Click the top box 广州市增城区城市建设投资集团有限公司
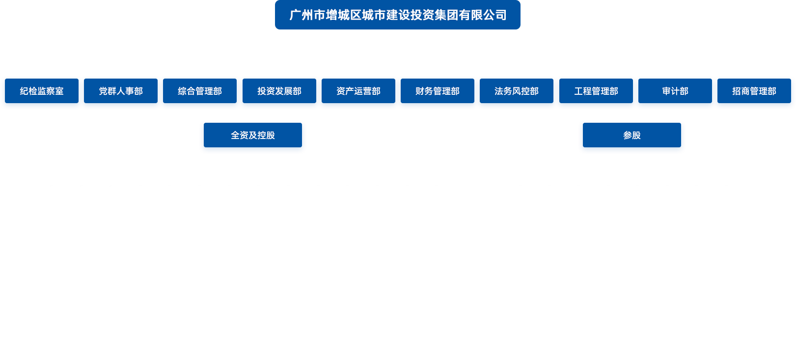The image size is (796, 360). click(398, 15)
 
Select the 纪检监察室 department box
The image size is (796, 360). click(42, 92)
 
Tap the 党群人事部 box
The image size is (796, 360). click(121, 92)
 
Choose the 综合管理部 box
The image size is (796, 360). click(200, 92)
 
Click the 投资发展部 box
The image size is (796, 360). click(279, 92)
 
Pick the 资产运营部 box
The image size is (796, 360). click(358, 92)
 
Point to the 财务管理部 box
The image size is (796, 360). click(438, 92)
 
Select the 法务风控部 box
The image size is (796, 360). click(517, 92)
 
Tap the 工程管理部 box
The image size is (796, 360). click(596, 92)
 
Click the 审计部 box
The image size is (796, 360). click(675, 92)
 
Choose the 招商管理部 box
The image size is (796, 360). click(754, 92)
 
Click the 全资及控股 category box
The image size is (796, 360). click(253, 136)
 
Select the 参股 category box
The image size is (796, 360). click(632, 136)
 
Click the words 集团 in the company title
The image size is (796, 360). click(446, 15)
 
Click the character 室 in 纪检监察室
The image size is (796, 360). click(59, 91)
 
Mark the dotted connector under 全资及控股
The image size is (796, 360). click(253, 151)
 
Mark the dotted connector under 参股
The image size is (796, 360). click(632, 151)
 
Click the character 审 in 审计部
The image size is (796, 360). click(666, 91)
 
